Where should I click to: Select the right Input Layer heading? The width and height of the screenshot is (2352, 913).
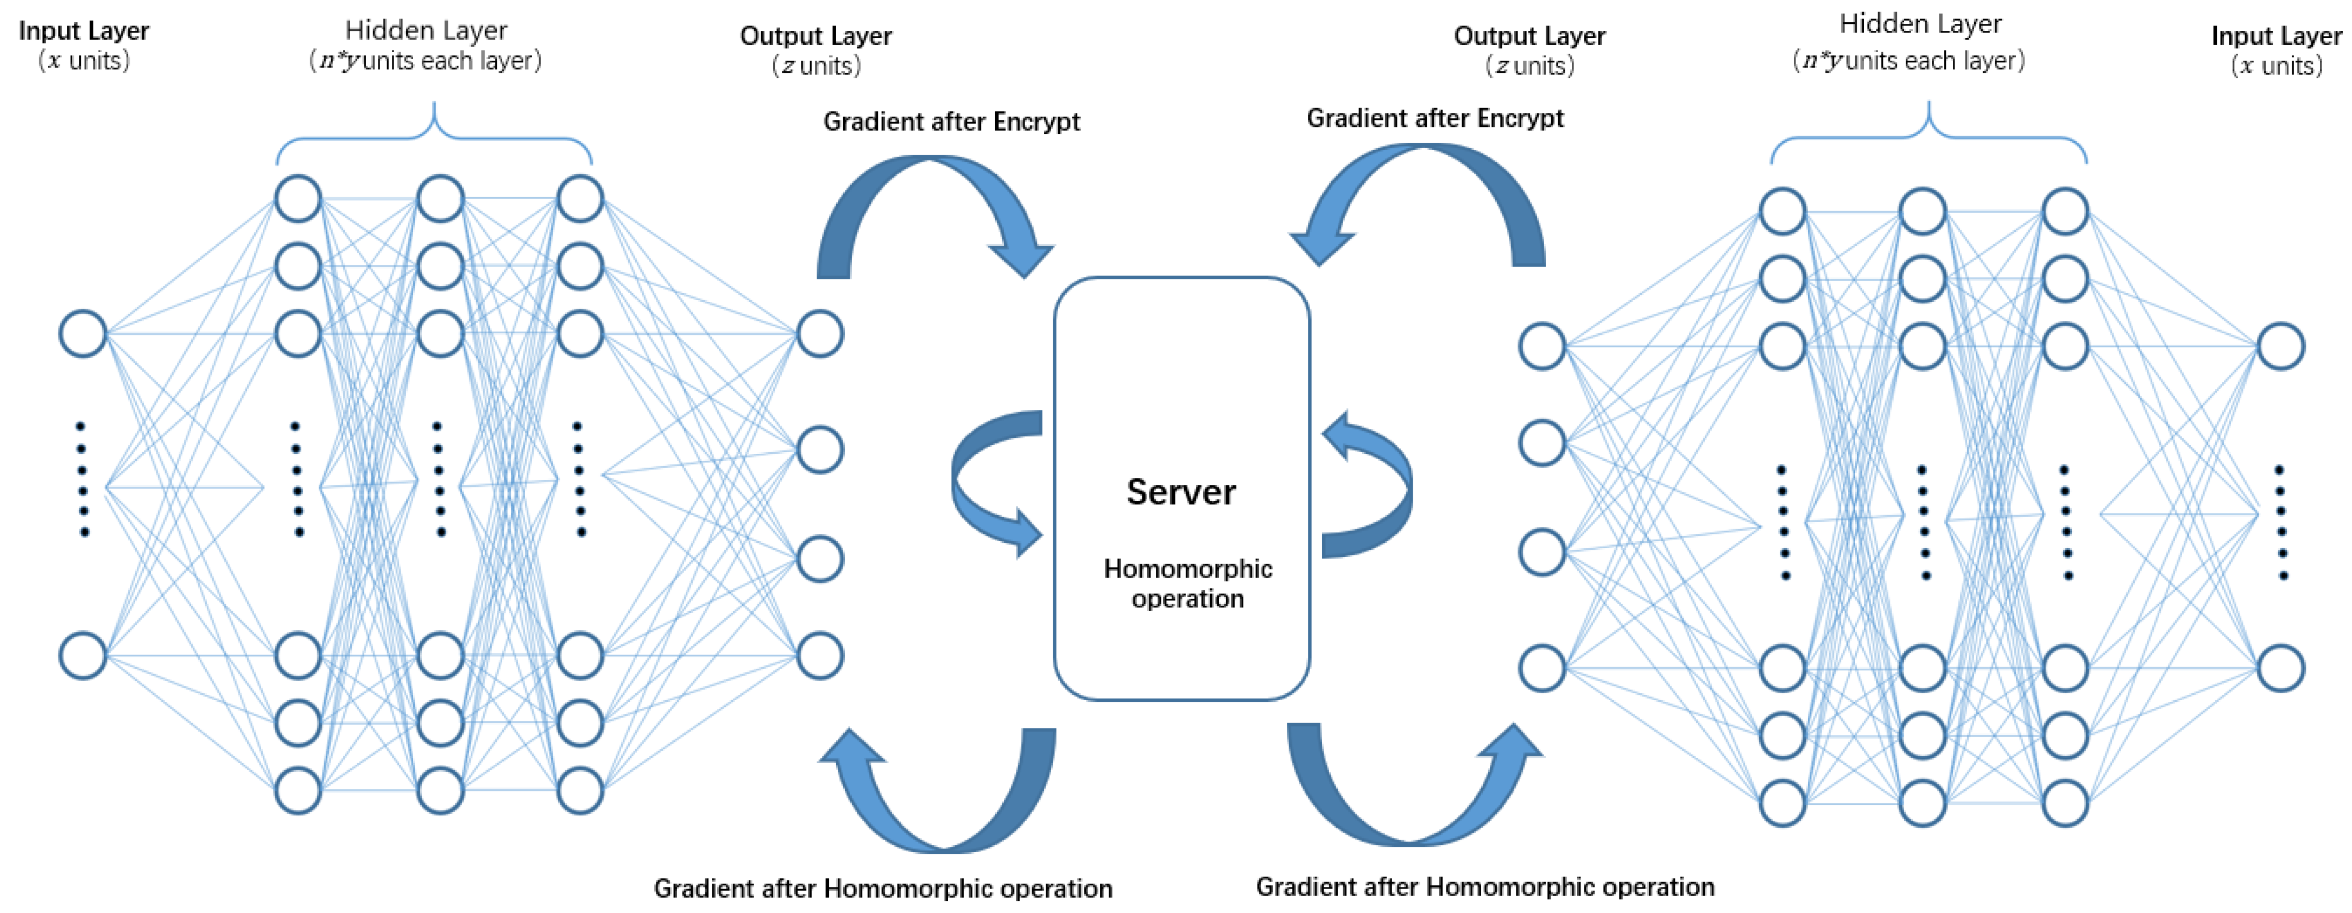(2275, 36)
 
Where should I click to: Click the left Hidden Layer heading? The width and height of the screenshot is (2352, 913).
(426, 31)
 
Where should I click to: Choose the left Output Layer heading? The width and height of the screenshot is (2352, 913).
(815, 36)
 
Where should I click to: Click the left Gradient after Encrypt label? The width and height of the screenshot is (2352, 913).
(951, 122)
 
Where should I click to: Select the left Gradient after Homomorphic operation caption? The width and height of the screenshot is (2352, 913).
(883, 887)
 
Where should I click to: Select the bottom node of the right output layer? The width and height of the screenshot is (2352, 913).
(1541, 668)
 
